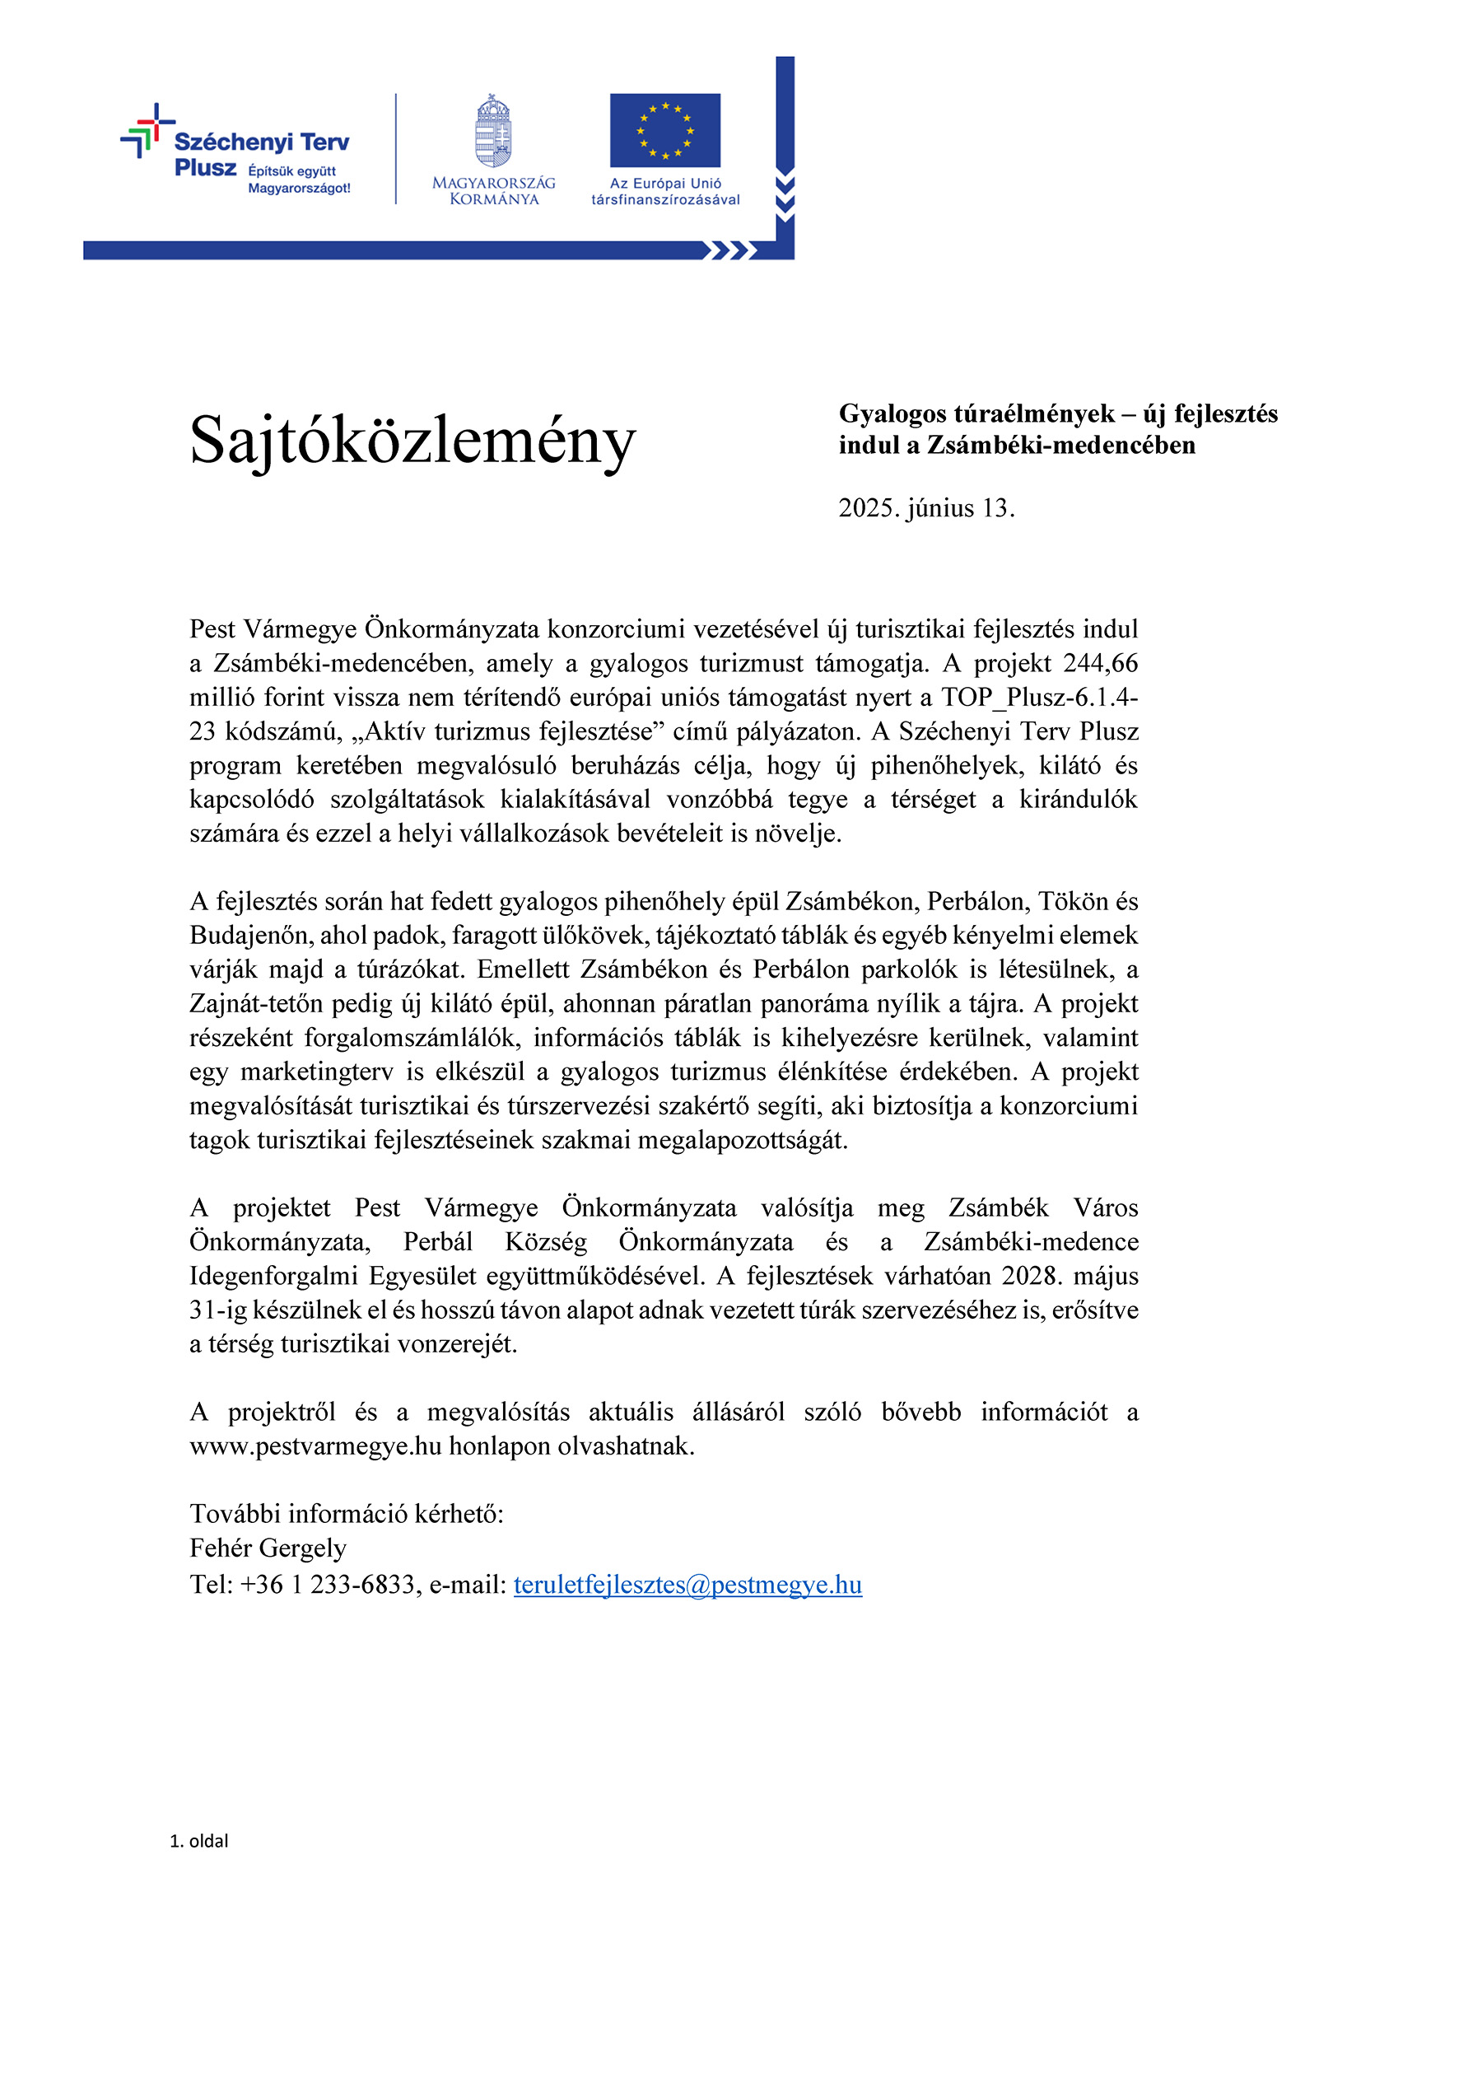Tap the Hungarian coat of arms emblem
point(493,132)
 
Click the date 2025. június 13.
point(926,508)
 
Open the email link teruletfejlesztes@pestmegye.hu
point(687,1585)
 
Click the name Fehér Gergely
point(268,1548)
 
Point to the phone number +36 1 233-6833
point(327,1585)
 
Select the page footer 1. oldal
point(198,1840)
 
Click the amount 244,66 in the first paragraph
point(1100,663)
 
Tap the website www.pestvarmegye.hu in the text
point(315,1446)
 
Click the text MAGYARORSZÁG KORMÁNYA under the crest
point(493,191)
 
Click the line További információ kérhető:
point(346,1515)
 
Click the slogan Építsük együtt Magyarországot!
point(299,180)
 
